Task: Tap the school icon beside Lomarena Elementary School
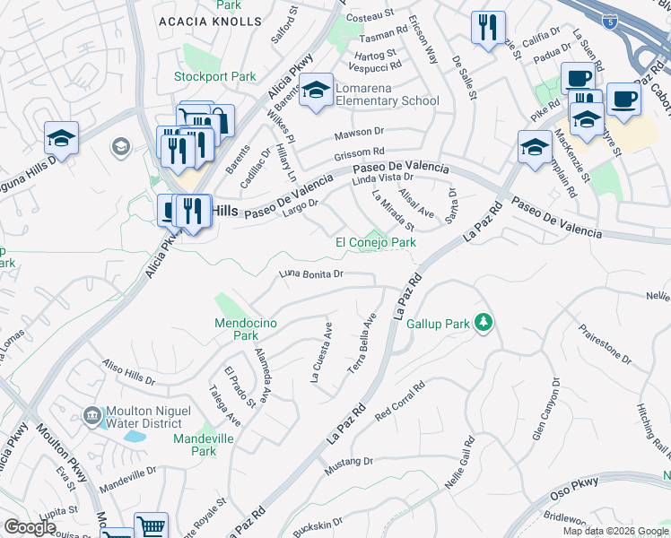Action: coord(316,91)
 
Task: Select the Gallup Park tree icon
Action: coord(484,322)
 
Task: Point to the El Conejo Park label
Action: coord(376,242)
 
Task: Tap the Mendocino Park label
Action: coord(236,329)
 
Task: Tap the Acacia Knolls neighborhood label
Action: coord(197,21)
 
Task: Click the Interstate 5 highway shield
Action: coord(609,19)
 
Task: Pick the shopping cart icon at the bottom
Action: coord(152,526)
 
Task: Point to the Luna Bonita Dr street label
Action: coord(311,273)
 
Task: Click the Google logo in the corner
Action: coord(30,527)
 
